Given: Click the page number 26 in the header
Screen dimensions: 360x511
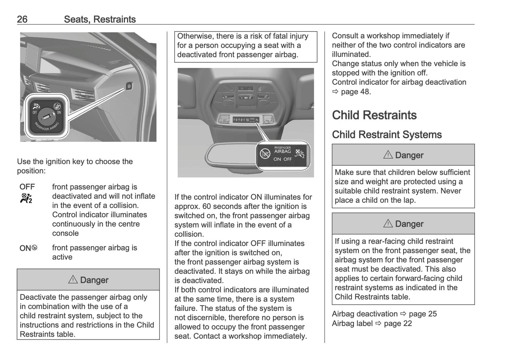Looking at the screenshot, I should (x=22, y=19).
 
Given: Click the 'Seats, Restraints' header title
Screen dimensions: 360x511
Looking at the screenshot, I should (x=100, y=19).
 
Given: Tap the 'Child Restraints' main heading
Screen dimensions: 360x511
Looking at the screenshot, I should (x=374, y=115).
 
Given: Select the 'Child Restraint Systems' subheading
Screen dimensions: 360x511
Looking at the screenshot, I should (x=387, y=135).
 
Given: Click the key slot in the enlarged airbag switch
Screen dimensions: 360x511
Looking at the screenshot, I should (x=46, y=115).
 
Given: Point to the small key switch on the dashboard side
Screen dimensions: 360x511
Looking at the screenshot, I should (x=129, y=86).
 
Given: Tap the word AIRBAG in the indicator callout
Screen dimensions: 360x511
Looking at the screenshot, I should (x=283, y=151).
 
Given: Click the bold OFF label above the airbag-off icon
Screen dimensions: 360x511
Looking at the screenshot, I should (x=27, y=187).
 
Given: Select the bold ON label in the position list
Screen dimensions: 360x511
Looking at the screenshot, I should (x=25, y=248).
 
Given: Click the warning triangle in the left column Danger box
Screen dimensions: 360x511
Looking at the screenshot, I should (x=73, y=280).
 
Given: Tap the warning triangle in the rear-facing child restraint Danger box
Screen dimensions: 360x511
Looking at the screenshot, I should (x=388, y=223).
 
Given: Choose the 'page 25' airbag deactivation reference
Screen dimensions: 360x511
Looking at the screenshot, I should (x=423, y=314).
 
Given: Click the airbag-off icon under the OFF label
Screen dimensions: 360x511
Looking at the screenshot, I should (x=26, y=198).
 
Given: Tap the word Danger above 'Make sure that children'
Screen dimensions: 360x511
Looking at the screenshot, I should (x=409, y=155).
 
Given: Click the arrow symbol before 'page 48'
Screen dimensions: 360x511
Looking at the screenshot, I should (x=335, y=92).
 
